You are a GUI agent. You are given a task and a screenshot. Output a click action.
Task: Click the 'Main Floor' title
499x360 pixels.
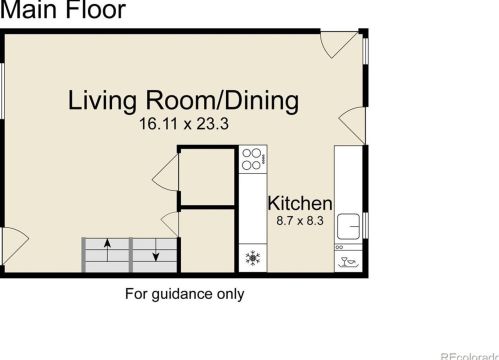(x=63, y=11)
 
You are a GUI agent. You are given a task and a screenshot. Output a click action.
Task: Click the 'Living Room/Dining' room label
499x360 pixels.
(x=183, y=101)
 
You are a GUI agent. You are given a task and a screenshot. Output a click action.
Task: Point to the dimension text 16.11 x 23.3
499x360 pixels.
(x=183, y=125)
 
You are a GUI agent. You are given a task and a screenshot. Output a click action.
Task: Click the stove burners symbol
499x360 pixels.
(x=253, y=158)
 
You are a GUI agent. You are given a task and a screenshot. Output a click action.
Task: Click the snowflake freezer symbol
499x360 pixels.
(x=253, y=259)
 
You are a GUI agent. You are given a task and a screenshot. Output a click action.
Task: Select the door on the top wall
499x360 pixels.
(x=338, y=43)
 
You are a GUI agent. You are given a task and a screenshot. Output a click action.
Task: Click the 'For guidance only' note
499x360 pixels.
(x=184, y=294)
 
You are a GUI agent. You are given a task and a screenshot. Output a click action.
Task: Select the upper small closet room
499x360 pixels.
(x=207, y=178)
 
